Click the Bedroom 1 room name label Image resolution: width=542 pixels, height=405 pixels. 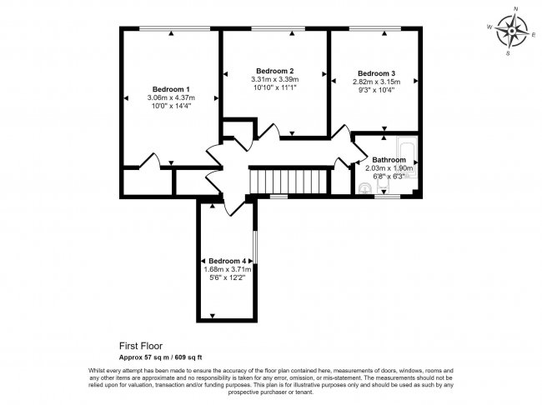(x=171, y=89)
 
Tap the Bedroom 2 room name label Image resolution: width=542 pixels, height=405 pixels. (x=274, y=70)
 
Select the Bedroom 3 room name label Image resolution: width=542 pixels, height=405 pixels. (x=378, y=73)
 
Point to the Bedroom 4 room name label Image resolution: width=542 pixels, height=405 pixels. (x=228, y=261)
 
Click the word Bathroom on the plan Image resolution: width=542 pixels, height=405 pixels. (x=389, y=159)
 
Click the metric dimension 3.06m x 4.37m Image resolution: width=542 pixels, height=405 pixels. (x=171, y=98)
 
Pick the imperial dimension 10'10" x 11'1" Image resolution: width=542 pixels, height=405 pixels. (x=274, y=87)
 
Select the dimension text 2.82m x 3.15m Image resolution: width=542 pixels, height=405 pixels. (x=378, y=82)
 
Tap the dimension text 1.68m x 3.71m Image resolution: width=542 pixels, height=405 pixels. (x=228, y=269)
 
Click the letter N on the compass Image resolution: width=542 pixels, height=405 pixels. (x=515, y=10)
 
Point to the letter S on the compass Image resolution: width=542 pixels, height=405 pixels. (x=508, y=52)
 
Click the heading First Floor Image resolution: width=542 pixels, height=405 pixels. (x=141, y=343)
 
